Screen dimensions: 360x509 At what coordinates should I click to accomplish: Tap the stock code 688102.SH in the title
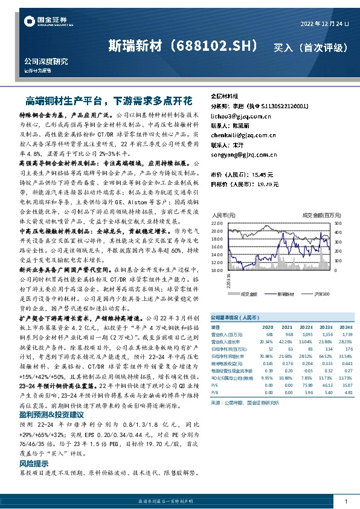pyautogui.click(x=218, y=46)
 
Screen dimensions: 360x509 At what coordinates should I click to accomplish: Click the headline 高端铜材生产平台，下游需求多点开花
pyautogui.click(x=109, y=100)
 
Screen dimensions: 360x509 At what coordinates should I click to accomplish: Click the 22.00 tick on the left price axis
pyautogui.click(x=217, y=223)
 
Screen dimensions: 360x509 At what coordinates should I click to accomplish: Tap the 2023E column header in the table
pyautogui.click(x=327, y=326)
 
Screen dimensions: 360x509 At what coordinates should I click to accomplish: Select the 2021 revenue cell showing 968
pyautogui.click(x=289, y=334)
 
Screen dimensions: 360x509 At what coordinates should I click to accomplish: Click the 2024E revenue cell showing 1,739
pyautogui.click(x=346, y=334)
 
